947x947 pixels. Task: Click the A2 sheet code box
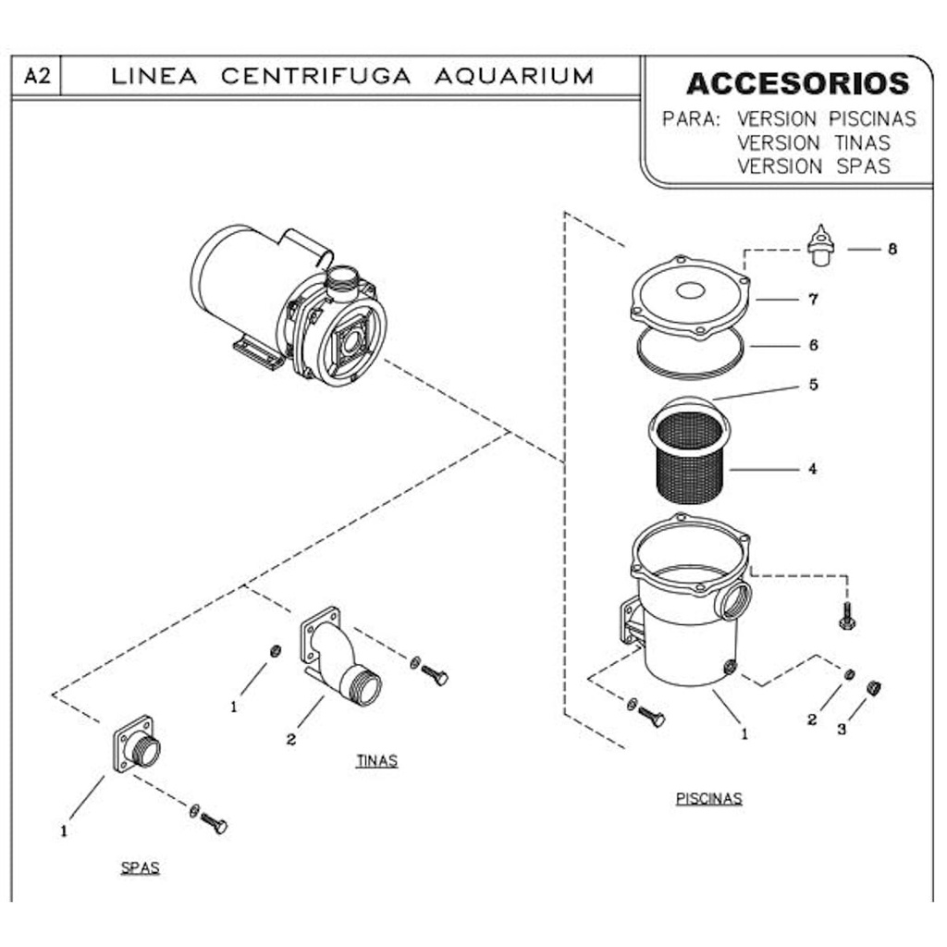click(36, 77)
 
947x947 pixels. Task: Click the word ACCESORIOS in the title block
click(797, 83)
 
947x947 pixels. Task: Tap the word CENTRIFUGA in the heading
click(315, 76)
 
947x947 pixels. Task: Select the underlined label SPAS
click(140, 867)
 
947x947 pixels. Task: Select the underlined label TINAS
click(376, 761)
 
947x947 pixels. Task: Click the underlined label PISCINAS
click(708, 798)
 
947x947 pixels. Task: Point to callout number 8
click(892, 249)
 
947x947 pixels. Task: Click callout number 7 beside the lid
click(812, 300)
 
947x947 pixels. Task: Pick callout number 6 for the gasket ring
click(812, 345)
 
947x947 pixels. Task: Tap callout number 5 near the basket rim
click(812, 385)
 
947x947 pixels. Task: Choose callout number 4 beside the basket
click(812, 469)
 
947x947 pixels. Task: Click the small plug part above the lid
click(819, 247)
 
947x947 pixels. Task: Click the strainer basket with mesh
click(689, 458)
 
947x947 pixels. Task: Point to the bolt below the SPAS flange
click(213, 822)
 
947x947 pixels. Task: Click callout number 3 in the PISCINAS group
click(841, 729)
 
